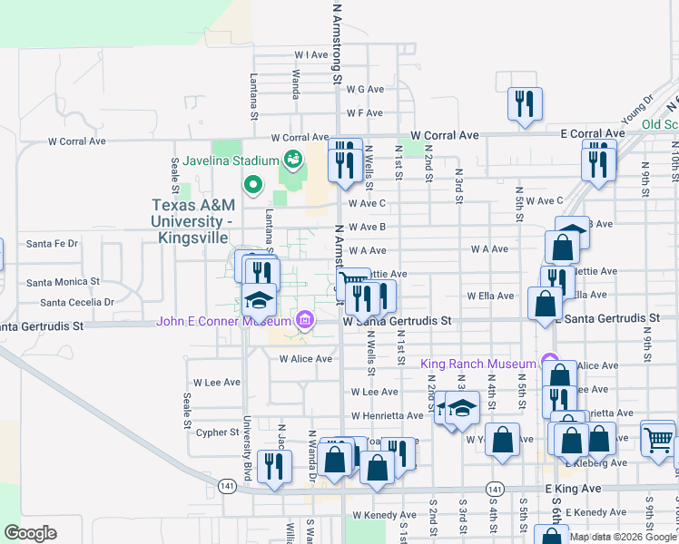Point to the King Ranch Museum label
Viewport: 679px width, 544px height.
click(478, 364)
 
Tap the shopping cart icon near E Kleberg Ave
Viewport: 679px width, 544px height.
click(658, 440)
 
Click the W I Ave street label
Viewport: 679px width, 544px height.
click(310, 55)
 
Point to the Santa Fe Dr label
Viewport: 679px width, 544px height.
click(53, 243)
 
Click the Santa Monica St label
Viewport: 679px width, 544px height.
click(63, 282)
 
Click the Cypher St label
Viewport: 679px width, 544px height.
click(217, 432)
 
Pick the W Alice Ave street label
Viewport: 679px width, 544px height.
click(305, 359)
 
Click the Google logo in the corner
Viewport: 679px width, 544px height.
click(30, 533)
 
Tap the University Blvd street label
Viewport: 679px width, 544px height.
click(245, 442)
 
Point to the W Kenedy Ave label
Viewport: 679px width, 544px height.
click(383, 515)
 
